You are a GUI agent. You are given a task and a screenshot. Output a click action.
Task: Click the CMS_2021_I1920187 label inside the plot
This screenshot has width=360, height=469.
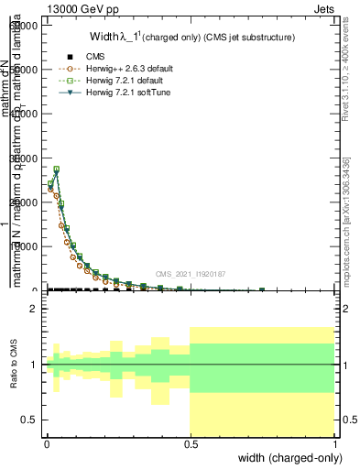tap(190, 273)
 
